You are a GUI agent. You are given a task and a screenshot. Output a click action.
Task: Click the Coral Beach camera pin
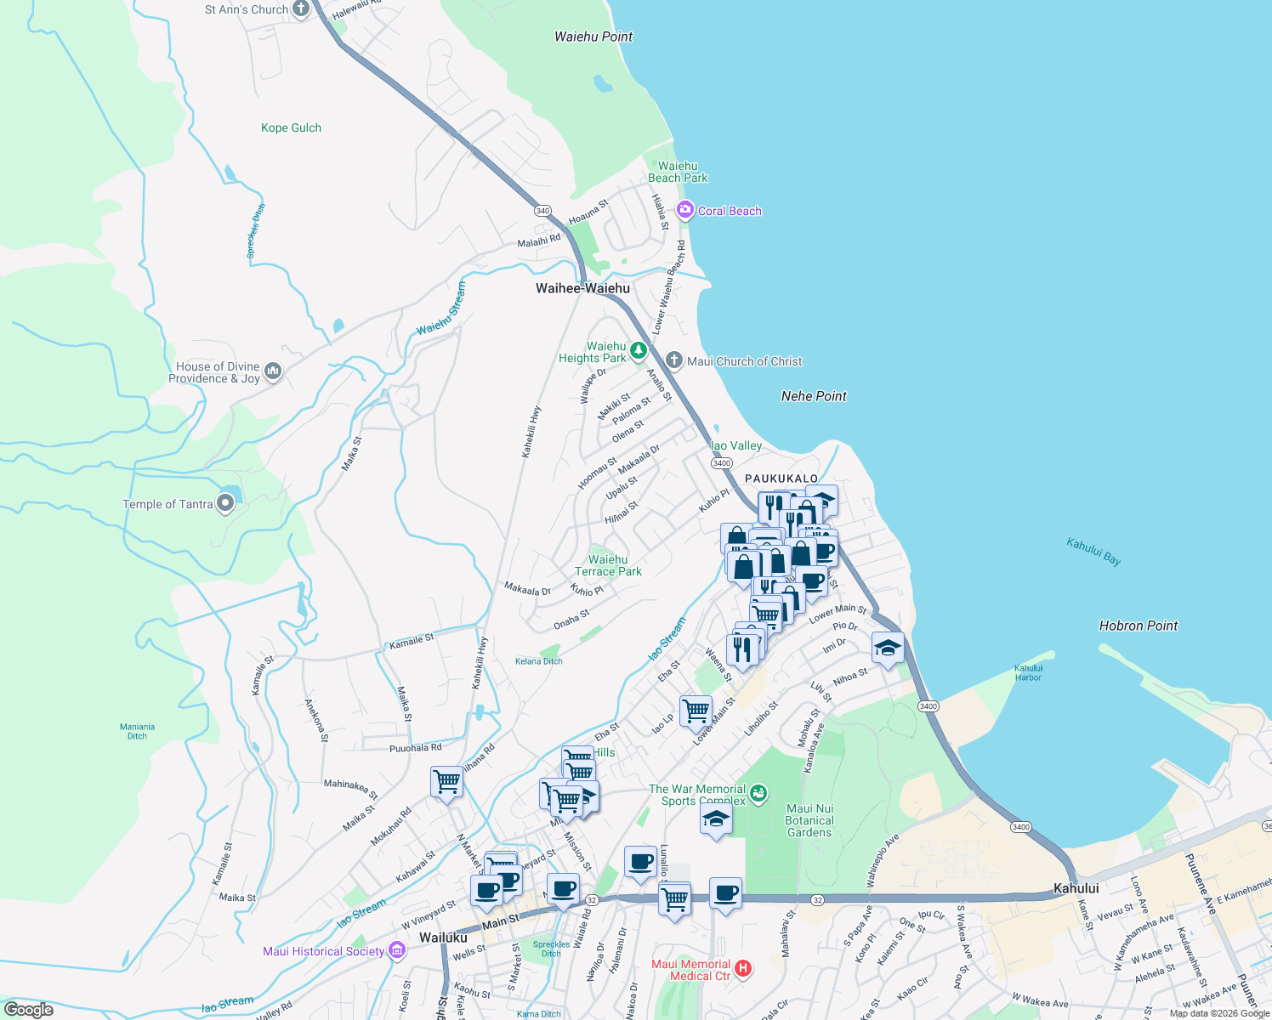685,210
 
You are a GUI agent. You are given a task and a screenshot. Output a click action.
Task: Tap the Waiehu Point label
593,37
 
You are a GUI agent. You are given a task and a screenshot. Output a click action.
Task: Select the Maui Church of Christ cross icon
673,360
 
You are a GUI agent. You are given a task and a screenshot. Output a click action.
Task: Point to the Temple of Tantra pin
225,503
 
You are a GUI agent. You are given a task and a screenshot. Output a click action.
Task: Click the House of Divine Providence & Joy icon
273,371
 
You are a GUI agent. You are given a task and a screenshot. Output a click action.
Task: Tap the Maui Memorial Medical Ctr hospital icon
743,968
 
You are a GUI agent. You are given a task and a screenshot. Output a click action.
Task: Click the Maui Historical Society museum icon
396,950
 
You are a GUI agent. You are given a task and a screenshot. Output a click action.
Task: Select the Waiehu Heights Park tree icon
638,350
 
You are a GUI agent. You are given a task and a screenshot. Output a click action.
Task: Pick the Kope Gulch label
291,127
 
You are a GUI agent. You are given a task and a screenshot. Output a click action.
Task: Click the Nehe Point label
814,396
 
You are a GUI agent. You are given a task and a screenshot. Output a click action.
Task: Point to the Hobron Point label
1138,626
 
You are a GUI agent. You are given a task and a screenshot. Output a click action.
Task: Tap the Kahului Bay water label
1093,551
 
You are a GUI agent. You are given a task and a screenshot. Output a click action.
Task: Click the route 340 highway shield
542,211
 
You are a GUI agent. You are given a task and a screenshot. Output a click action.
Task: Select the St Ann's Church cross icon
300,9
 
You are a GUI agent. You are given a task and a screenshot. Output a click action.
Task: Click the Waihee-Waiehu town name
582,288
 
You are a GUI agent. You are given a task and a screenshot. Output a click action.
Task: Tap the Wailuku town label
443,938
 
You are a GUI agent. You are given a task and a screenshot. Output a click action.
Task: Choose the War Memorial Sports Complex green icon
758,793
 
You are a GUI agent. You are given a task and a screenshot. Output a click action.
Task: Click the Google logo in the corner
29,1009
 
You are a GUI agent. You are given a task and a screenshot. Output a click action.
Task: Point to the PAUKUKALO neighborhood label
781,479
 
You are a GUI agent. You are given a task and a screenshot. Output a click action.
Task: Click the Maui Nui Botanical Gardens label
809,820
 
